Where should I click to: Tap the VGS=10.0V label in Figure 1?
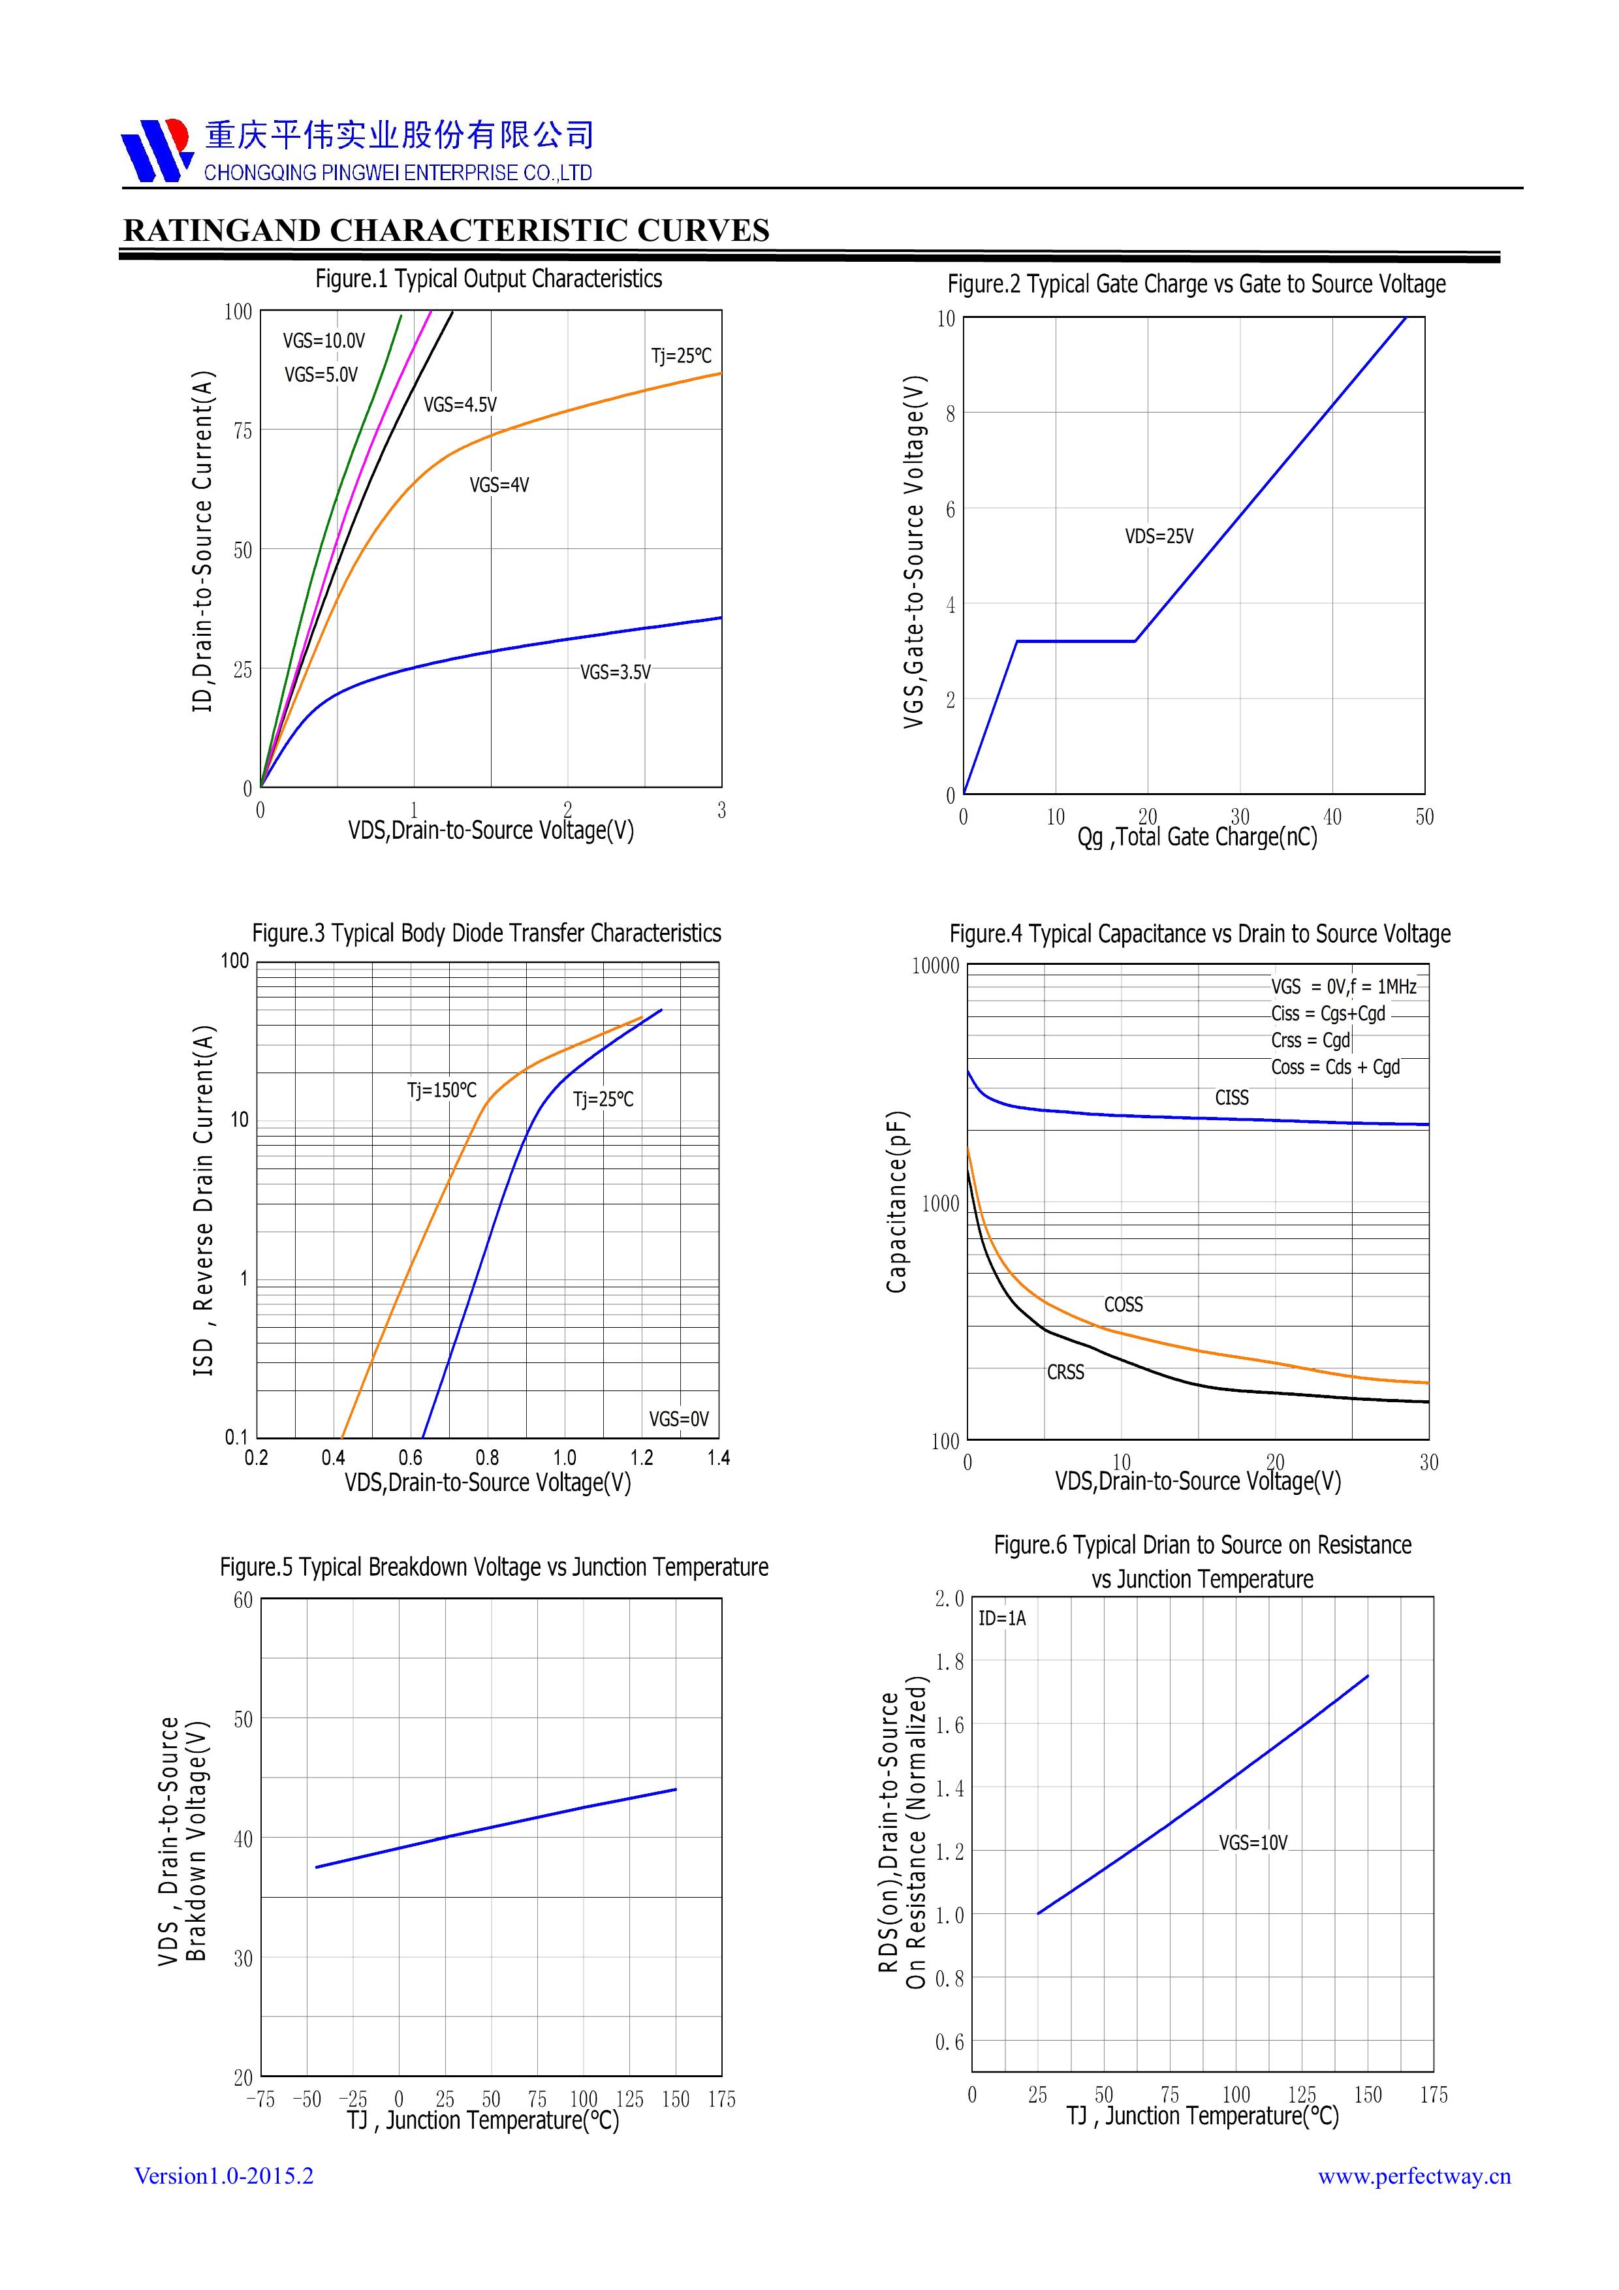pos(323,341)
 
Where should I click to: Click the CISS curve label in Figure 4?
pos(1231,1097)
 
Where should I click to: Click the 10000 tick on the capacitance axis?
pos(935,965)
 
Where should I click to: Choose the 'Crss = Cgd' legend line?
pos(1310,1041)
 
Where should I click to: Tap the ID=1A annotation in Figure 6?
pos(1001,1618)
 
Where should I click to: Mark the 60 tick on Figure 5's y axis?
pos(242,1600)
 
